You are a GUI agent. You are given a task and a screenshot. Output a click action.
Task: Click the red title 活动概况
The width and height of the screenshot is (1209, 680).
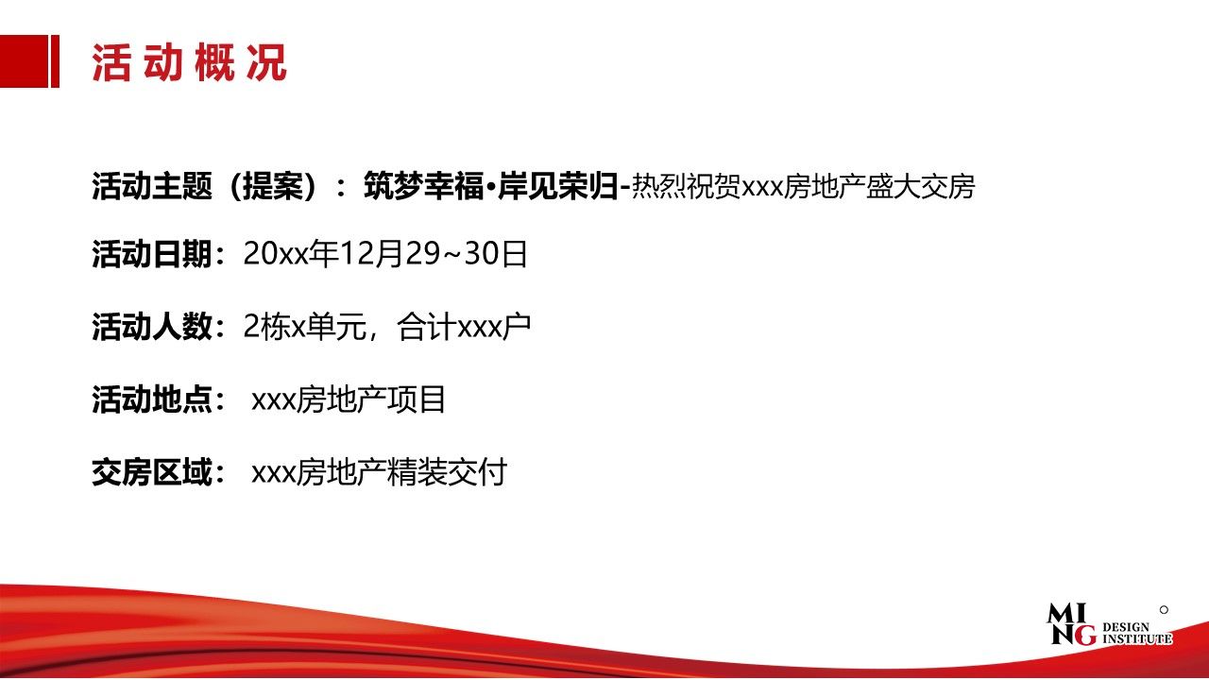(189, 63)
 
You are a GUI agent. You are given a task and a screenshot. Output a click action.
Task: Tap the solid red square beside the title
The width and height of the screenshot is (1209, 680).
(24, 61)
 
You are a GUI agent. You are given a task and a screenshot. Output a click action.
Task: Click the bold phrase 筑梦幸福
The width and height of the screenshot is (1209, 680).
(424, 186)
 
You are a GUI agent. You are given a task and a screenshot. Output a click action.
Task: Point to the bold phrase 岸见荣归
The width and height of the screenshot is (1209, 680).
(557, 186)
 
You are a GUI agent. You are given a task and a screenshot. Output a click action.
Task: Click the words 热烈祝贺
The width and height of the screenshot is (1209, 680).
(686, 187)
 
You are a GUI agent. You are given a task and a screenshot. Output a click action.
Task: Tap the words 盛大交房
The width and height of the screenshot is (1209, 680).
(920, 187)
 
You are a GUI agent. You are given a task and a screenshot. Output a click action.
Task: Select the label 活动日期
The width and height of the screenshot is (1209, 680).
(152, 254)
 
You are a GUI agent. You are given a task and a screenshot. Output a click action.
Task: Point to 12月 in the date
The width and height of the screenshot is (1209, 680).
(371, 254)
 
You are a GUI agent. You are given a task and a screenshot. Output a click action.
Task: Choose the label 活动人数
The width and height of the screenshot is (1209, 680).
(152, 327)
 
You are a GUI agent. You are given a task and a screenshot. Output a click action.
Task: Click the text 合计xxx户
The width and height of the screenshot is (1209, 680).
(464, 327)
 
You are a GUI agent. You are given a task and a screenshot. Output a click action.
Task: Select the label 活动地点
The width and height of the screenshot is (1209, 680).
(152, 399)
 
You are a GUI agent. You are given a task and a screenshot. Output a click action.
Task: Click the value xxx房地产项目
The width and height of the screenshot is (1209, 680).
(349, 399)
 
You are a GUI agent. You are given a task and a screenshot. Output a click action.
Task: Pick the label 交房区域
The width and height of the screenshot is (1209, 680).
(152, 472)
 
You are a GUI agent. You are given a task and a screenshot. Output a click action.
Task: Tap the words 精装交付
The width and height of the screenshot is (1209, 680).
(447, 472)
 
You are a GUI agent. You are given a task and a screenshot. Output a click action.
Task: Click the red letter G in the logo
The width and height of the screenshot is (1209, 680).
(1085, 636)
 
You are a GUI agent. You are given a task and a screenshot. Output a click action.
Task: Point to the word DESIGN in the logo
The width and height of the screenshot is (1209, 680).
(1126, 627)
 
